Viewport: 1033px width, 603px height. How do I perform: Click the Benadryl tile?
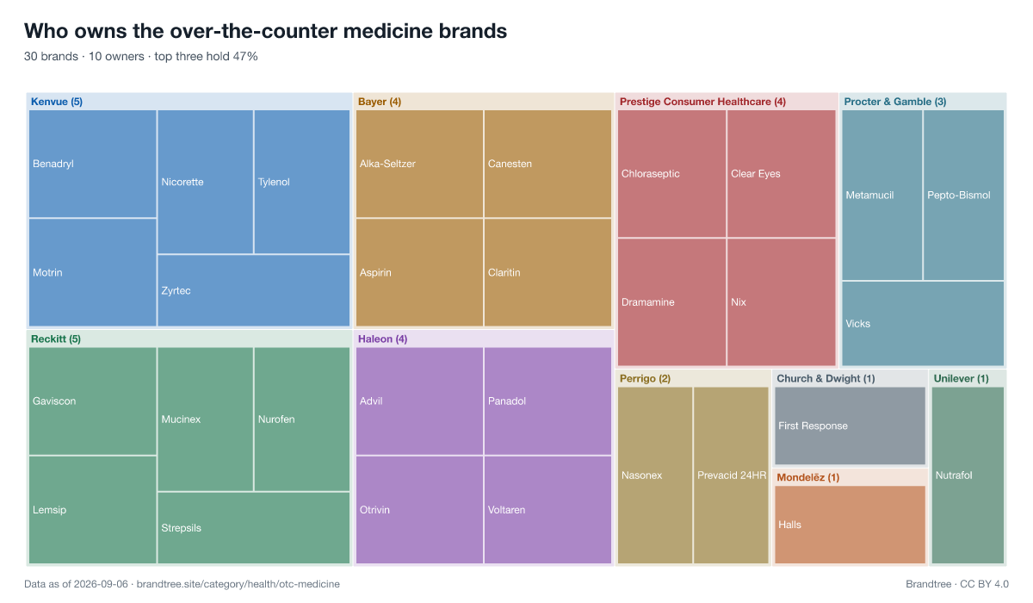coord(93,164)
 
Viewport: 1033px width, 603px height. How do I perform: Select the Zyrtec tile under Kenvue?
coord(254,290)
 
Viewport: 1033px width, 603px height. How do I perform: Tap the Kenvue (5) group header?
coord(57,102)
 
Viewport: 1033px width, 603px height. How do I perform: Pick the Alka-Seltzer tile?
coord(419,164)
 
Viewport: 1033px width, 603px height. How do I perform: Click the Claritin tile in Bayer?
coord(547,273)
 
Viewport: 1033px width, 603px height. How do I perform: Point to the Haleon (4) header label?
coord(383,339)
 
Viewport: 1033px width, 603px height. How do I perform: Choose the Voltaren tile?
coord(547,510)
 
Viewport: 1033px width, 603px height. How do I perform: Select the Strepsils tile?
coord(254,528)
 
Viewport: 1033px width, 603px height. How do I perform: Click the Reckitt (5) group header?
coord(56,339)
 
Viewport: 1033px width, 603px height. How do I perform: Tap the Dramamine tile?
coord(671,302)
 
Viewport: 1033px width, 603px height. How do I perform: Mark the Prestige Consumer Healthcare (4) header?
coord(702,102)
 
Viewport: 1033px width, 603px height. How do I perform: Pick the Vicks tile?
coord(923,324)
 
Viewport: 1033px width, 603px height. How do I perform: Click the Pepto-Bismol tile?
coord(963,195)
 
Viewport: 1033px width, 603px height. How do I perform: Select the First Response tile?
coord(850,426)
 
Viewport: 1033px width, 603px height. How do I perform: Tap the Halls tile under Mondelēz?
coord(850,525)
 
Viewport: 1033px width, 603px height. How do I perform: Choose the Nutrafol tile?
coord(968,476)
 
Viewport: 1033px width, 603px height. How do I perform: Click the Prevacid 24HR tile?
coord(731,476)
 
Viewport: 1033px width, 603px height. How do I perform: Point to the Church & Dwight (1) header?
coord(826,379)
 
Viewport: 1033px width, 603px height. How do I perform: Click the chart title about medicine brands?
coord(266,31)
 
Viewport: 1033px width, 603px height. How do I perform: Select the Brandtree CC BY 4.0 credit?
coord(957,584)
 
